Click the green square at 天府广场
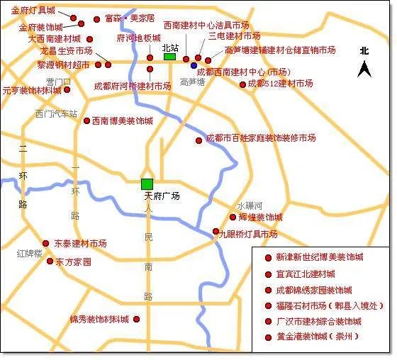point(147,184)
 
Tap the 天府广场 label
point(162,196)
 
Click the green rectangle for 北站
point(169,57)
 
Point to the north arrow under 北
point(364,69)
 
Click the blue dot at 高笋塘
point(194,65)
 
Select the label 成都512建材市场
point(281,84)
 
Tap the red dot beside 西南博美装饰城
point(86,121)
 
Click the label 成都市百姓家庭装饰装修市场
point(260,138)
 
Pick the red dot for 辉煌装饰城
point(233,217)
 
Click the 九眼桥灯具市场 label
point(248,234)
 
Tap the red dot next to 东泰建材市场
point(46,243)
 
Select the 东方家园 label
point(74,261)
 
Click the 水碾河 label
point(250,205)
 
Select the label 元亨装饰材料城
point(32,91)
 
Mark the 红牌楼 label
point(30,253)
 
